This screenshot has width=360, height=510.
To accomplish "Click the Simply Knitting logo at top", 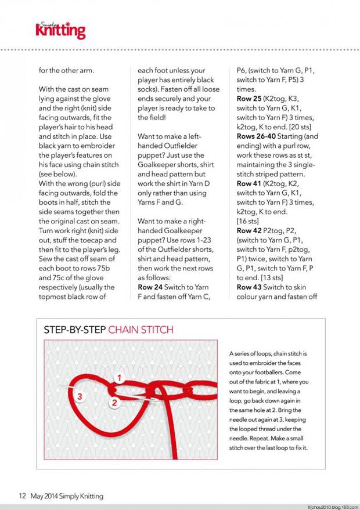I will pyautogui.click(x=60, y=30).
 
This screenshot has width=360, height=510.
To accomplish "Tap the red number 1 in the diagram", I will pyautogui.click(x=119, y=378).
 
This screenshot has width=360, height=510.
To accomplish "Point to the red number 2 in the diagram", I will pyautogui.click(x=114, y=402).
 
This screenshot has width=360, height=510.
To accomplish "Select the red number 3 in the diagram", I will pyautogui.click(x=81, y=397).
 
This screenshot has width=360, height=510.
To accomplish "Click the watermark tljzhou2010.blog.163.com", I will pyautogui.click(x=325, y=506).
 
